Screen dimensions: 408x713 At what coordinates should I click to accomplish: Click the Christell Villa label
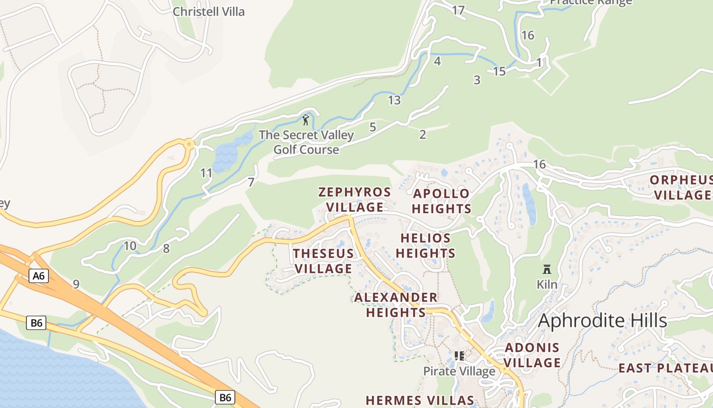(208, 11)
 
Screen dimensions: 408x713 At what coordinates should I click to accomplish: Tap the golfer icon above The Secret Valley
(306, 120)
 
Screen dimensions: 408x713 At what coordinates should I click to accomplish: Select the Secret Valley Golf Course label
(306, 142)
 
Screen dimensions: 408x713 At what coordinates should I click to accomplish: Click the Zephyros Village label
(354, 199)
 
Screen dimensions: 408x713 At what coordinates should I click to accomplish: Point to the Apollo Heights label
(441, 201)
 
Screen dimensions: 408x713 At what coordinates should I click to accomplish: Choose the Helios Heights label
(425, 245)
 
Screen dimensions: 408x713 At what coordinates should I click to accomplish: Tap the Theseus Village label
(323, 261)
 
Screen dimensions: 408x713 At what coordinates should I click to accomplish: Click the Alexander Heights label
(396, 304)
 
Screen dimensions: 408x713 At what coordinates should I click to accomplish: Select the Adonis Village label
(532, 355)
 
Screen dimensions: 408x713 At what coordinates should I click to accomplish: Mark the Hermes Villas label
(420, 400)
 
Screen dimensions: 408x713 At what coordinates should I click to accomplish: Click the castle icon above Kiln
(547, 269)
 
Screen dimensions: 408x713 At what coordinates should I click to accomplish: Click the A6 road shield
(39, 276)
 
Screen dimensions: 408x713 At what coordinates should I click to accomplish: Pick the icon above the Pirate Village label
(459, 356)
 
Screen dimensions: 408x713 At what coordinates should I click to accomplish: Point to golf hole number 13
(394, 100)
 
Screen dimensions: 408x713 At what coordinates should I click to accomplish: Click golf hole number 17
(458, 10)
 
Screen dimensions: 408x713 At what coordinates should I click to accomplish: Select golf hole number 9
(76, 284)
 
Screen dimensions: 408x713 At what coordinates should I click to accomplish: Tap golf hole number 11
(206, 173)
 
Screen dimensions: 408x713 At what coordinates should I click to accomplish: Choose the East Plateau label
(665, 368)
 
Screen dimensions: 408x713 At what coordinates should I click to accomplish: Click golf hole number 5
(372, 127)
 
